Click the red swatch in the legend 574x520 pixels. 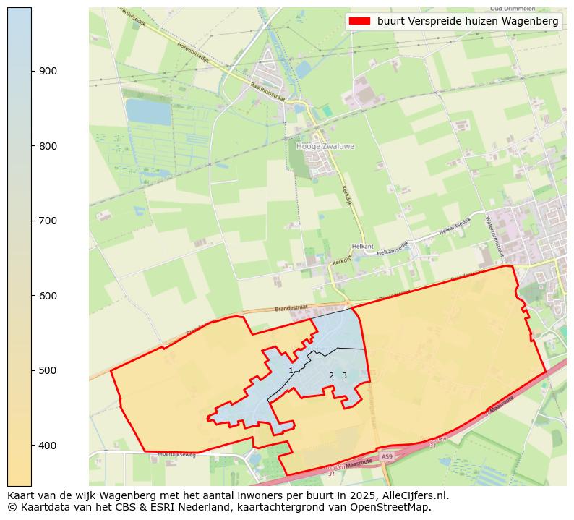[x=359, y=22]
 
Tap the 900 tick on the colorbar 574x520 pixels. [x=32, y=71]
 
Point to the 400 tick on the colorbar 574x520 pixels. [x=32, y=446]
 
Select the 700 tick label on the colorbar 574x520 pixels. [x=48, y=221]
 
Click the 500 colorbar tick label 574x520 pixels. [x=48, y=370]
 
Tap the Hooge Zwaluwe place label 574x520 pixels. [x=325, y=146]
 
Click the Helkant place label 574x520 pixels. [x=362, y=247]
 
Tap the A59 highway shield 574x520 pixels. [x=387, y=457]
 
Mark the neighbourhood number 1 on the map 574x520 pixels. [x=291, y=370]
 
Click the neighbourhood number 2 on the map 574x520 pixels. [x=331, y=375]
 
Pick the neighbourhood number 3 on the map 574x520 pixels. [x=344, y=375]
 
